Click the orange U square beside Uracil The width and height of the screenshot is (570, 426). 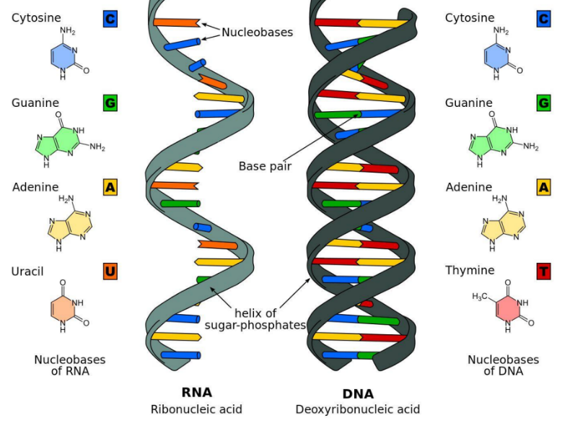coord(110,271)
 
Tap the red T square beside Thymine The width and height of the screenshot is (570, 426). coord(543,271)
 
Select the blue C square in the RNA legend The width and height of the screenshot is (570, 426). coord(110,19)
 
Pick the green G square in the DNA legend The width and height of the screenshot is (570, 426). coord(543,103)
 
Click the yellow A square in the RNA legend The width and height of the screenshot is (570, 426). coord(110,188)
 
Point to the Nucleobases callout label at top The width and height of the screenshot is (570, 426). coord(257,32)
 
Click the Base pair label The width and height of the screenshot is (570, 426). coord(265,166)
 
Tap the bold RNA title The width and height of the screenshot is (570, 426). coord(196,393)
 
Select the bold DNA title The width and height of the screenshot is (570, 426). coord(357,394)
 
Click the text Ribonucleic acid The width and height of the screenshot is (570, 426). coord(196,409)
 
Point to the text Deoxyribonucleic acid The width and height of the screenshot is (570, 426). coord(357,409)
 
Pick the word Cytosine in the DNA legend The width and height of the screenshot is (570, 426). coord(469,18)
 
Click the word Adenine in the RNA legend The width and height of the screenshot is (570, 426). coord(35,187)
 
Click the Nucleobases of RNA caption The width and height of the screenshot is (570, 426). coord(69,365)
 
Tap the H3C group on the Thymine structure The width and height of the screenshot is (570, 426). coord(480,297)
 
